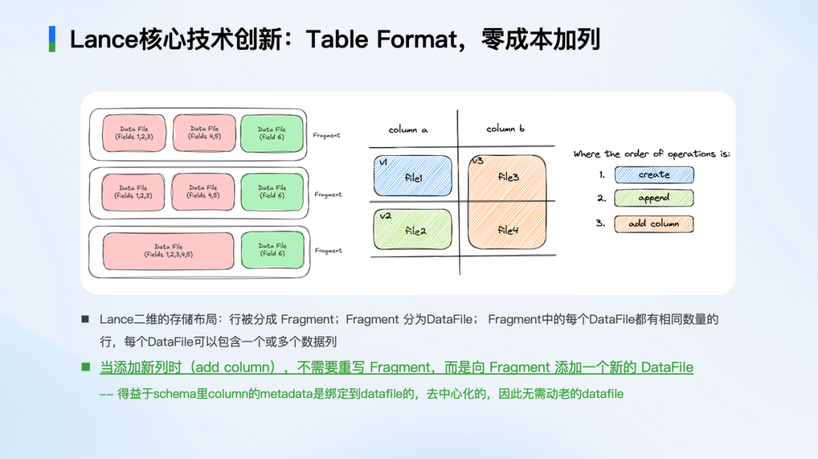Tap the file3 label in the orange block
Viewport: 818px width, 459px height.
[509, 176]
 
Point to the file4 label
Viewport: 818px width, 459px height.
[508, 229]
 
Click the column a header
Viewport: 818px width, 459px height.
[407, 130]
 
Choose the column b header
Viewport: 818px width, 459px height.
[506, 129]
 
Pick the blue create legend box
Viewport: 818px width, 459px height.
[654, 175]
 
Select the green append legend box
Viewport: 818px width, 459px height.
[654, 198]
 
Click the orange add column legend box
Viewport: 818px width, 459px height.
[654, 223]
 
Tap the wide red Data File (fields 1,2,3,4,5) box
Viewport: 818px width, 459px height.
[168, 251]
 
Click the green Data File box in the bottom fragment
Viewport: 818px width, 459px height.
[272, 250]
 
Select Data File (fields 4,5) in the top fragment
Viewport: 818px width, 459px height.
[204, 133]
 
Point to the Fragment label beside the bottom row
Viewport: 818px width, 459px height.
[328, 251]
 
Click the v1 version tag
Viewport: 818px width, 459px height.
[383, 163]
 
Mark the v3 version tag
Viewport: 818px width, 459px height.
[477, 161]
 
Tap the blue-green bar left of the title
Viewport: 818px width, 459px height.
[52, 39]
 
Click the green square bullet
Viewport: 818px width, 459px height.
[86, 367]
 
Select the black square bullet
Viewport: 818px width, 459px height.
[86, 320]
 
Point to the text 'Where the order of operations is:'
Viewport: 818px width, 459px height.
[651, 154]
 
